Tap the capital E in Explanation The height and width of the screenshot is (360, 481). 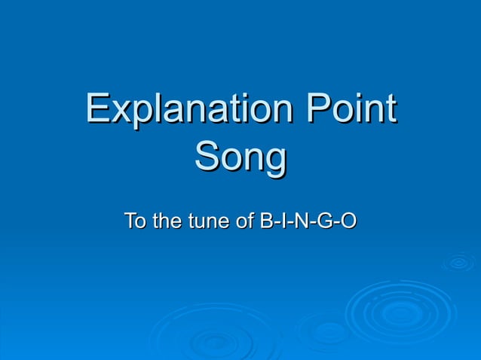97,110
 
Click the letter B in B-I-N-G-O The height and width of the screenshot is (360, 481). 266,222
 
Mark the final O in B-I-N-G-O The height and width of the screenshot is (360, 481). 348,222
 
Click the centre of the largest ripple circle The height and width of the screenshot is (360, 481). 400,310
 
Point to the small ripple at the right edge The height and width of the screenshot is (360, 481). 458,262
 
